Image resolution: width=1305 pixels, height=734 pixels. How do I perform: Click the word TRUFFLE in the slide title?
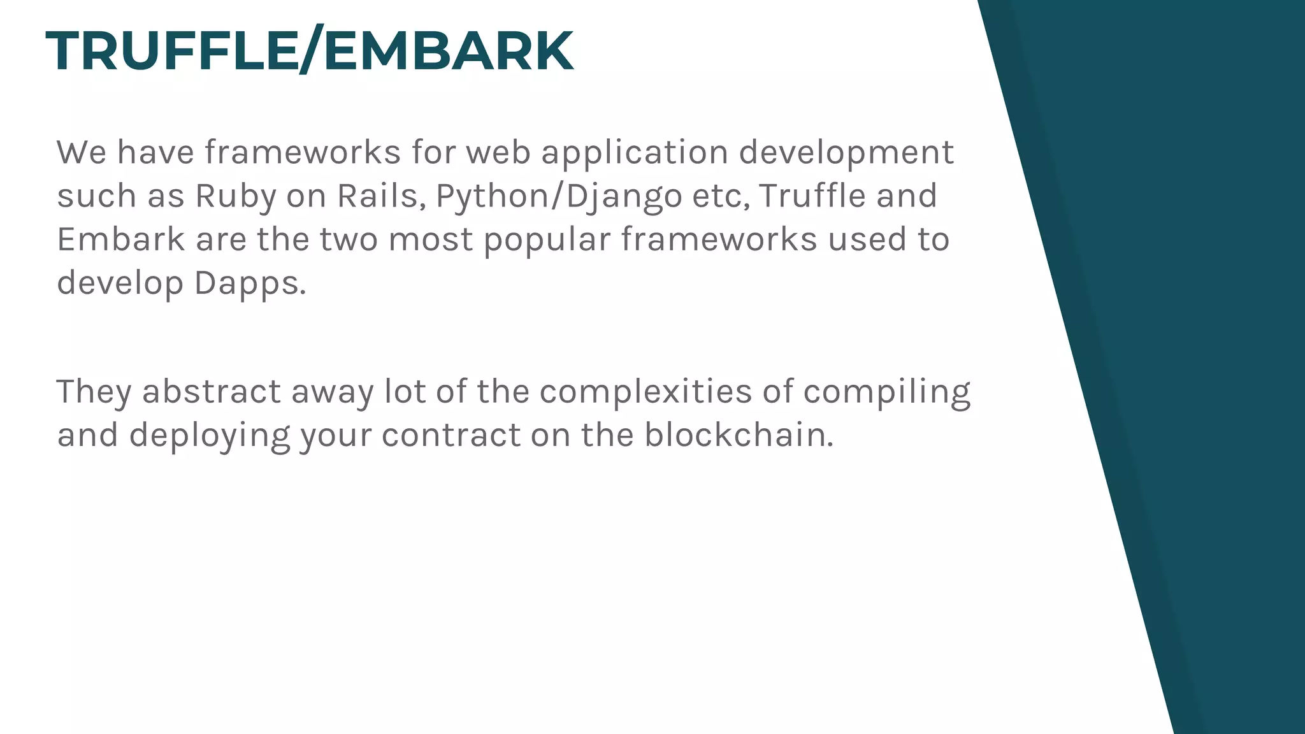click(172, 51)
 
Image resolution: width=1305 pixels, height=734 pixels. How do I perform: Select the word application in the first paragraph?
click(635, 153)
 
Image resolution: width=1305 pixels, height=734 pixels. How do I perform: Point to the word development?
click(846, 153)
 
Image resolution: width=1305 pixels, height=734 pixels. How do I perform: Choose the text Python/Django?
click(559, 196)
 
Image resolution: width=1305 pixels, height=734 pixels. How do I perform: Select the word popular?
click(547, 240)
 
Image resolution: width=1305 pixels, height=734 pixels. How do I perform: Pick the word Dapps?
click(250, 283)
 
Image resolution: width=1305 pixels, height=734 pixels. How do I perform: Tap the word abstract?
click(211, 392)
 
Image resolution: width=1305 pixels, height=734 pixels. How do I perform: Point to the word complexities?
click(645, 392)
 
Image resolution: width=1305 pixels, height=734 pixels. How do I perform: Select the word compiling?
click(886, 392)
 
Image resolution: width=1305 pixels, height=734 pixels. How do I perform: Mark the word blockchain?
click(739, 436)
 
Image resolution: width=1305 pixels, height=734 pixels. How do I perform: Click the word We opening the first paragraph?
click(82, 153)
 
